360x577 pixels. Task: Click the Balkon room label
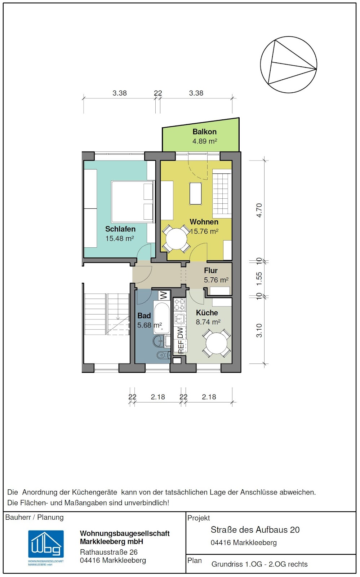[x=205, y=132]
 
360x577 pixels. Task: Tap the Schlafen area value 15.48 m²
[x=120, y=238]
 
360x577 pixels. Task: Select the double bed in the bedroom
[x=133, y=202]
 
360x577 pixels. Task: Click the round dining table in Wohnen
[x=176, y=239]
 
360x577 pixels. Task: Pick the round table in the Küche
[x=217, y=343]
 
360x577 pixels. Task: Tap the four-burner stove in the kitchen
[x=179, y=304]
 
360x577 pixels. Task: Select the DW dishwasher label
[x=181, y=333]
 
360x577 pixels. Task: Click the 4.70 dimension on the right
[x=259, y=211]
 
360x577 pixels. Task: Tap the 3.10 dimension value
[x=259, y=330]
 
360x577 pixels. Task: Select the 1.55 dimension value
[x=259, y=279]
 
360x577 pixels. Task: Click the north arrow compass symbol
[x=288, y=65]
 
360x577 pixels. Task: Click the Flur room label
[x=211, y=270]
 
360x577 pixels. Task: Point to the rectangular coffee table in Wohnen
[x=196, y=193]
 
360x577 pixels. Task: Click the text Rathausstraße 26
[x=108, y=552]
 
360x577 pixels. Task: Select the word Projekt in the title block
[x=199, y=518]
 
